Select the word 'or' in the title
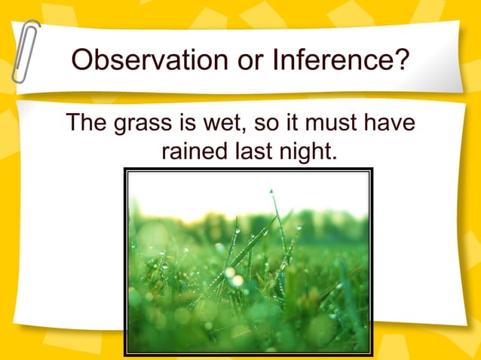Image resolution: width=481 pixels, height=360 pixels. (225, 59)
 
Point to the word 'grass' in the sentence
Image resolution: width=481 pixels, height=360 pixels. (140, 124)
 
